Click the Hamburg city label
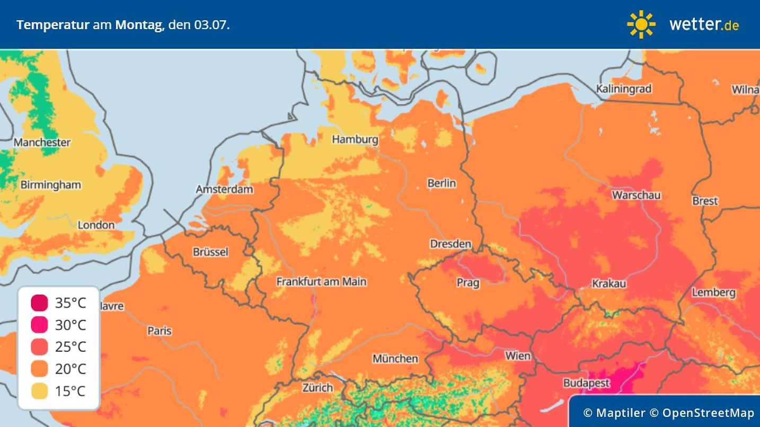[355, 139]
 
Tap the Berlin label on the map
[441, 183]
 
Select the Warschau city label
[636, 195]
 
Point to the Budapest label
[586, 382]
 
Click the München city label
[395, 359]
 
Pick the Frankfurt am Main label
[321, 281]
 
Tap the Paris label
[160, 331]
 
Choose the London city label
[96, 225]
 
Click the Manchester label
[42, 142]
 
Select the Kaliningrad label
[623, 88]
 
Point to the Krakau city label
[609, 283]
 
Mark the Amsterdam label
[224, 189]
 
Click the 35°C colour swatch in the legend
[39, 303]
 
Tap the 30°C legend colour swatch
[39, 325]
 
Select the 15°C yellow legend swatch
[39, 391]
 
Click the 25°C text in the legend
[70, 347]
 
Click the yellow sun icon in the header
[641, 24]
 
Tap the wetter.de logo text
[704, 24]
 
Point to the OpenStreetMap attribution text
[708, 413]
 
